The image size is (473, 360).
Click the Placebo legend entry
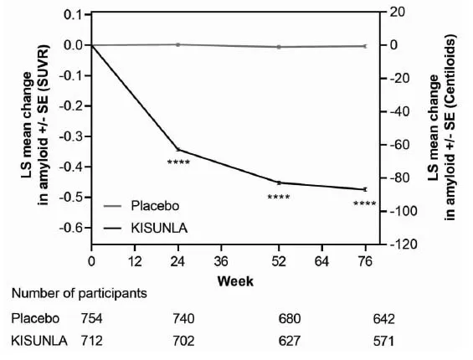[156, 205]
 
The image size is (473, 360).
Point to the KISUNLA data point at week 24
[177, 149]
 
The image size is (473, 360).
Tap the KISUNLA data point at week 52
[279, 183]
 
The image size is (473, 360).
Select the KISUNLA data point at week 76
[365, 189]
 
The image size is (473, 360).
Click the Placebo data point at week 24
[177, 44]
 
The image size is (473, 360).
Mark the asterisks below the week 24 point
[178, 162]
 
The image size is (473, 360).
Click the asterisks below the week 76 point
[365, 203]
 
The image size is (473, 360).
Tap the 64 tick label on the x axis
[321, 260]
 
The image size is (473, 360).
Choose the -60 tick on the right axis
[398, 145]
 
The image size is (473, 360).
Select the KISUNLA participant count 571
[383, 341]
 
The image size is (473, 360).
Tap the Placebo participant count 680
[288, 319]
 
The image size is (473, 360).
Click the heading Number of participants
[80, 295]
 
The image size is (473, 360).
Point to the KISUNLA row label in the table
[38, 341]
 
